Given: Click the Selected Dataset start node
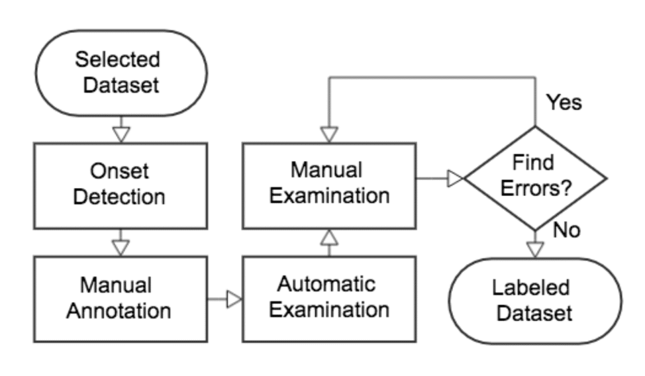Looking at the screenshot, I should click(x=118, y=73).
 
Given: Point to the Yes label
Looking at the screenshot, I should click(x=564, y=103).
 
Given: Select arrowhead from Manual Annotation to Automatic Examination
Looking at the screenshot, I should click(x=234, y=300).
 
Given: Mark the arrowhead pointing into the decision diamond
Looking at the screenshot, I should click(x=456, y=178).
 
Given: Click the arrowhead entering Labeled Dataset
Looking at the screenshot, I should click(x=534, y=249).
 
